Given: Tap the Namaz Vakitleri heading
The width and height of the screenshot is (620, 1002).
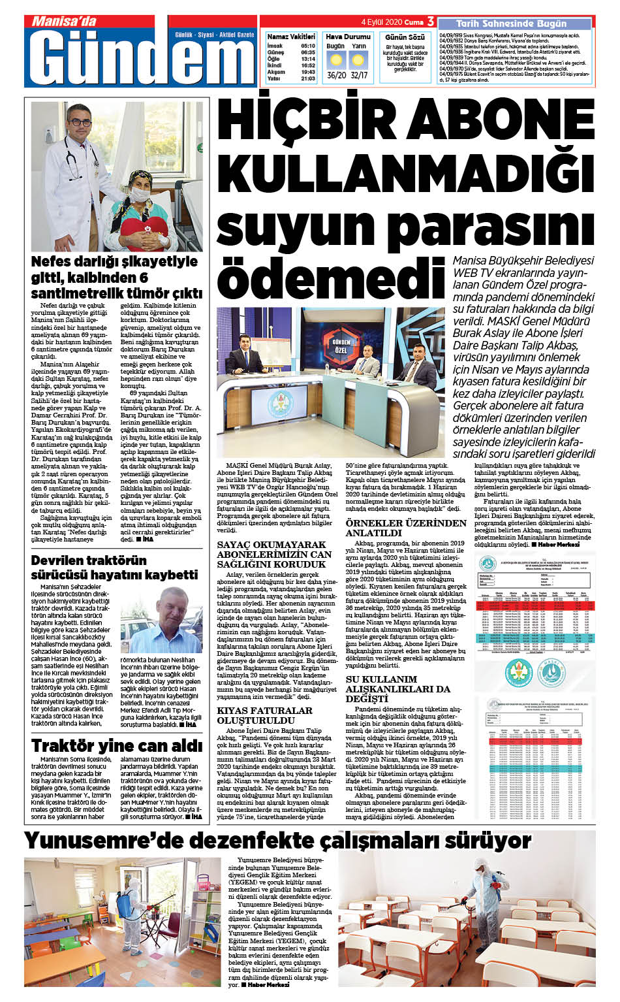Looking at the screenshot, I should tap(291, 37).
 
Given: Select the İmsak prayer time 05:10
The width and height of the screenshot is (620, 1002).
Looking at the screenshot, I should tap(308, 46).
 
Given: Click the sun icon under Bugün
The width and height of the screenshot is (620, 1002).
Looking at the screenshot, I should tap(336, 61).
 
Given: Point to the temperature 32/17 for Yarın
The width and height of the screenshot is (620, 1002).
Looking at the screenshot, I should tap(359, 75).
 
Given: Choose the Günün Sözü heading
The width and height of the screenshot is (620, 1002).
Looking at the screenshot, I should tap(405, 37).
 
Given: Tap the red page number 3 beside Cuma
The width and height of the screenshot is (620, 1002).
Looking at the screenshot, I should tap(430, 22).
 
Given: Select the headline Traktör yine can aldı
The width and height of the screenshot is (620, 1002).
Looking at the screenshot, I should tap(117, 745).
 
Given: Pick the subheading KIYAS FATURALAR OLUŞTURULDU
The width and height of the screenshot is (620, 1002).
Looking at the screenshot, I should tap(264, 715).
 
